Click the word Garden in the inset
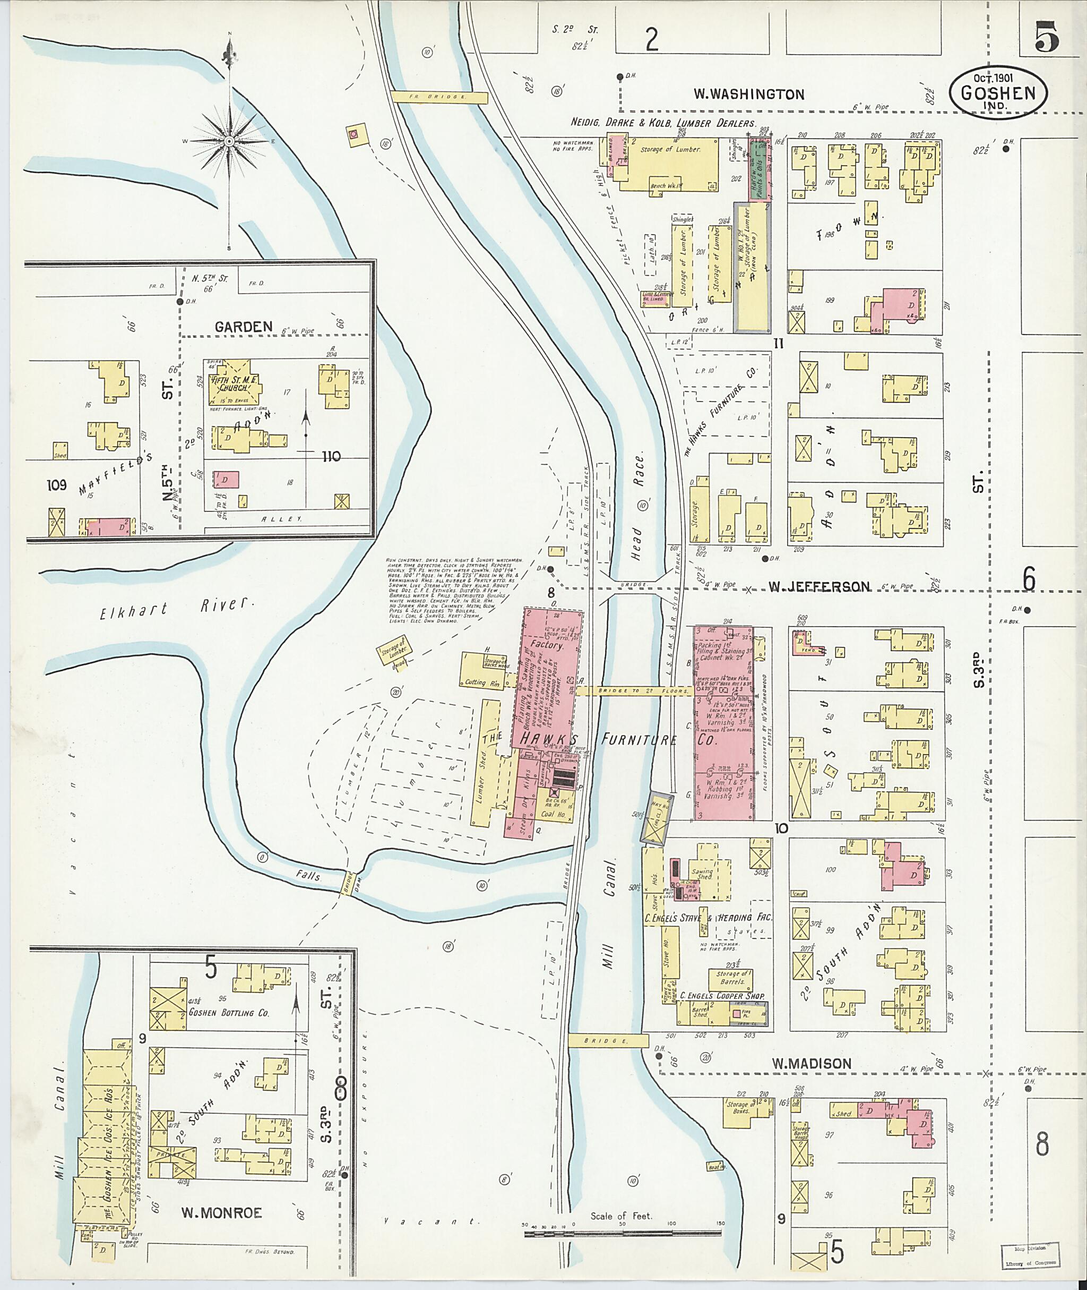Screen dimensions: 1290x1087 [x=244, y=327]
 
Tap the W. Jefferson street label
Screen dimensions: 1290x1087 [x=819, y=586]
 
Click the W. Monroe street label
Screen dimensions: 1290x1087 [x=221, y=1213]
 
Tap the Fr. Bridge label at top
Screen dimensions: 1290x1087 [x=439, y=97]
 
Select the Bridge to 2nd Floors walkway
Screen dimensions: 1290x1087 [x=634, y=691]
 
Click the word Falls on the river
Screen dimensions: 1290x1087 [x=308, y=874]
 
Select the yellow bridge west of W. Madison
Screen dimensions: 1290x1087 [x=608, y=1041]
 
